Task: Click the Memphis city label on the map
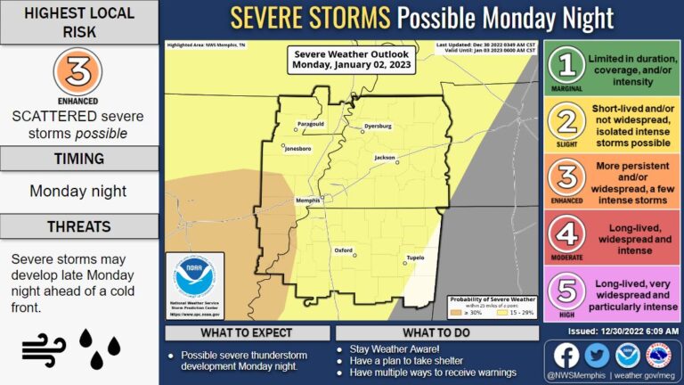tap(307, 201)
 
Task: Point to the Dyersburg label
tap(378, 127)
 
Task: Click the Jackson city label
tap(384, 158)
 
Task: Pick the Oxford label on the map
tap(345, 250)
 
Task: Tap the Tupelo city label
tap(414, 257)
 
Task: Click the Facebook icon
tap(566, 356)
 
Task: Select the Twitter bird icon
tap(596, 356)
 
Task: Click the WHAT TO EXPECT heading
tap(245, 332)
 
